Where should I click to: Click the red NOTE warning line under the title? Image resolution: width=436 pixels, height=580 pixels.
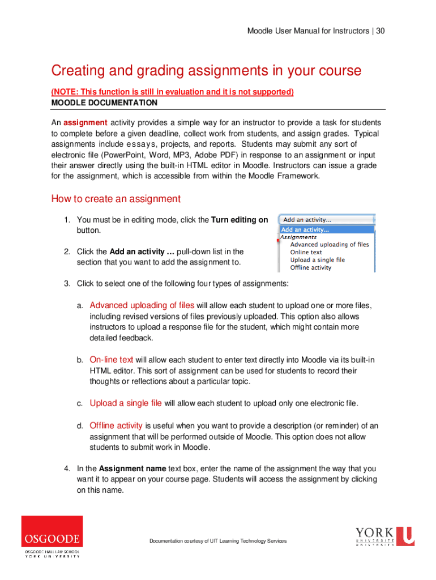pyautogui.click(x=172, y=92)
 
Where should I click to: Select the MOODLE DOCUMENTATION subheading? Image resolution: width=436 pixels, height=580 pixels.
pyautogui.click(x=104, y=103)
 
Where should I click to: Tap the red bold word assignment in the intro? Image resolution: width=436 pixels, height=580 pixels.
pyautogui.click(x=86, y=123)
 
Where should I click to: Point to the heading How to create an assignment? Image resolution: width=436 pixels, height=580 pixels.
pyautogui.click(x=116, y=199)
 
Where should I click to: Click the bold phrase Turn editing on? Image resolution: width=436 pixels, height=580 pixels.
pyautogui.click(x=240, y=220)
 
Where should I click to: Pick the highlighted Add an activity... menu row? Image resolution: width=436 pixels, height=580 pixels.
pyautogui.click(x=327, y=229)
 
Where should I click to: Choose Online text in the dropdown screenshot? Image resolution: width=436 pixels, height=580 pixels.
pyautogui.click(x=306, y=252)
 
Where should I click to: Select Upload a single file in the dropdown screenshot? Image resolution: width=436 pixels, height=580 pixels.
pyautogui.click(x=317, y=259)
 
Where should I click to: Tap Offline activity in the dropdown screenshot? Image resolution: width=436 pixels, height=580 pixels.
pyautogui.click(x=310, y=267)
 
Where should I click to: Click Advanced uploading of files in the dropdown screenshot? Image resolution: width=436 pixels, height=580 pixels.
pyautogui.click(x=329, y=245)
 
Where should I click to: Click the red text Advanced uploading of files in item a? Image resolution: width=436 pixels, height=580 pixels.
pyautogui.click(x=142, y=306)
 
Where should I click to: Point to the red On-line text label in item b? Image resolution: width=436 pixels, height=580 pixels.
pyautogui.click(x=112, y=360)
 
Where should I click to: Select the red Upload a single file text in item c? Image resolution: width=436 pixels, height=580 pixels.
pyautogui.click(x=126, y=403)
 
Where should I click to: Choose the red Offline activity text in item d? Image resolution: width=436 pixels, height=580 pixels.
pyautogui.click(x=116, y=425)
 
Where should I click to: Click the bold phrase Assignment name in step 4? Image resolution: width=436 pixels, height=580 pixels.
pyautogui.click(x=132, y=469)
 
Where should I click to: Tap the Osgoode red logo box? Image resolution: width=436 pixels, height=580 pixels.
pyautogui.click(x=52, y=531)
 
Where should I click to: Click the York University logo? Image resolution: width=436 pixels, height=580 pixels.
pyautogui.click(x=384, y=536)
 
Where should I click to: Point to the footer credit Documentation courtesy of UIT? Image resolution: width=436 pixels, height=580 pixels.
pyautogui.click(x=218, y=541)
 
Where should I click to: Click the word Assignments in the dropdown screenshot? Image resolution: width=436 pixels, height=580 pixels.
pyautogui.click(x=299, y=237)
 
